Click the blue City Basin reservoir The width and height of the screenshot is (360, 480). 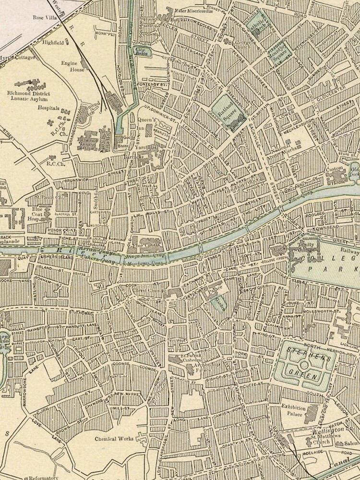[141, 49]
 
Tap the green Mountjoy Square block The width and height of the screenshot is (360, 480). [276, 51]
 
